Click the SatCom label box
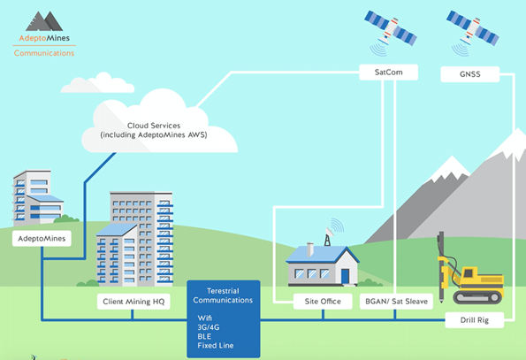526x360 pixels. [388, 73]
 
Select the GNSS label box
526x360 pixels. [470, 74]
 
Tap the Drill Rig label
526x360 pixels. [475, 320]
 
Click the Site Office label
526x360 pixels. [323, 302]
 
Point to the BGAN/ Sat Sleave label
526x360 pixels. [396, 302]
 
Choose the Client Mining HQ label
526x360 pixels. [133, 302]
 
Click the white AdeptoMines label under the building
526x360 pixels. [42, 239]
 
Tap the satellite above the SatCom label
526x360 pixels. [391, 31]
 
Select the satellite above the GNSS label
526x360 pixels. [472, 31]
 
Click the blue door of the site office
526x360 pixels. [345, 277]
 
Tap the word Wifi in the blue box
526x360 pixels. [204, 318]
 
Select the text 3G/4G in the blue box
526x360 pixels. [209, 327]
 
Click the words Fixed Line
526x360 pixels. [216, 345]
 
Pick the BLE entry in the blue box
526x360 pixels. [204, 336]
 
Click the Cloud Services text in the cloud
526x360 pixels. [154, 126]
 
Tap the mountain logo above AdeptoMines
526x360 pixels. [44, 21]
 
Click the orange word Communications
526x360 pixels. [44, 53]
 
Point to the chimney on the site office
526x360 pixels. [310, 249]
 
